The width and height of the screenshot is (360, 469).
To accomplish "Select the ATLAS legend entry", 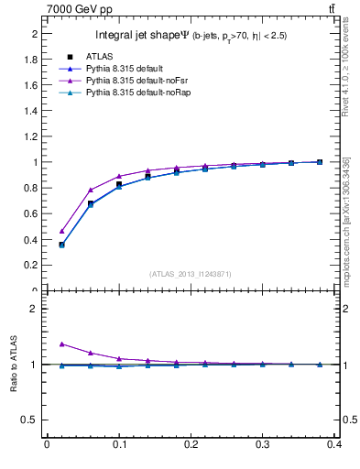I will point(98,56).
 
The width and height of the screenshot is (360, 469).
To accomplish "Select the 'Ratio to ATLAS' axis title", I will point(14,365).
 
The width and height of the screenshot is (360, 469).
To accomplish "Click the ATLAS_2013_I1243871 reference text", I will point(191,274).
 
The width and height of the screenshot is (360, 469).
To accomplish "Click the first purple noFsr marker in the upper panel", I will point(61,231).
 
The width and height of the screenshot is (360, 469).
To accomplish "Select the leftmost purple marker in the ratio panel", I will point(61,344).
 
